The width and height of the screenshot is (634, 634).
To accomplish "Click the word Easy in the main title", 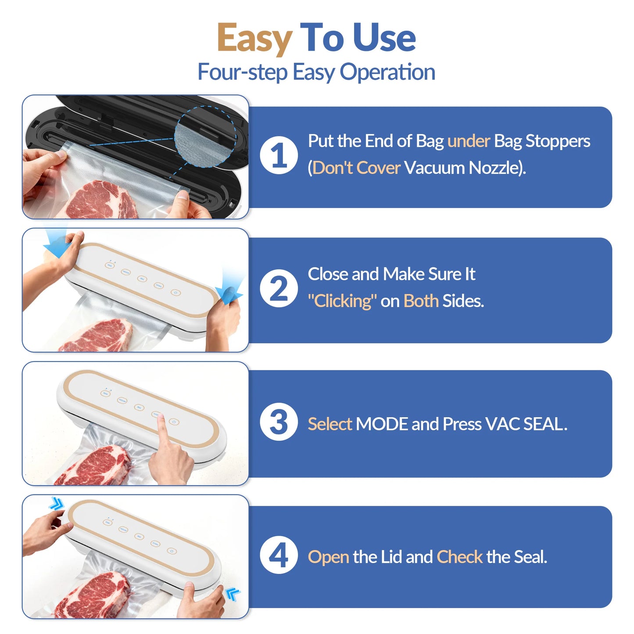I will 254,39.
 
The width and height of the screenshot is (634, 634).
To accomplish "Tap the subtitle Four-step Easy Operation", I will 316,72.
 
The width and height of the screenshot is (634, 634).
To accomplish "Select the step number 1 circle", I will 279,155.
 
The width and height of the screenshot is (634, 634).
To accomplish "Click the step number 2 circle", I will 279,288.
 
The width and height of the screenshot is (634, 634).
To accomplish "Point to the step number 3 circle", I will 279,422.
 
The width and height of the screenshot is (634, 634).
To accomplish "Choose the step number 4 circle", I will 279,555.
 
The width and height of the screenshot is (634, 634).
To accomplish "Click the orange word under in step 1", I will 468,141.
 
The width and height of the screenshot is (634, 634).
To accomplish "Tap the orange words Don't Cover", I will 356,168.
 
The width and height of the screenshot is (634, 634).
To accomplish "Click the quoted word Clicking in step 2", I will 342,301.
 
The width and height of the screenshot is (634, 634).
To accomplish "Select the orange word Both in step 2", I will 420,301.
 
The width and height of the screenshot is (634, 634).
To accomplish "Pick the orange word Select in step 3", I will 330,424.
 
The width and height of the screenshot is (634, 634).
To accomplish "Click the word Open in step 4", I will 328,557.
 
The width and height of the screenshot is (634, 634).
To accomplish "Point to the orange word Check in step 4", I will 459,557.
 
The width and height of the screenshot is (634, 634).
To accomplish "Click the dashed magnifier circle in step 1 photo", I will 205,136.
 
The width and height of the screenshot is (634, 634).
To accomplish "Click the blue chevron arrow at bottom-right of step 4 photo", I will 233,595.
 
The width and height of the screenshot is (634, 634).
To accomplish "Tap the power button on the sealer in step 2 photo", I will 176,293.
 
